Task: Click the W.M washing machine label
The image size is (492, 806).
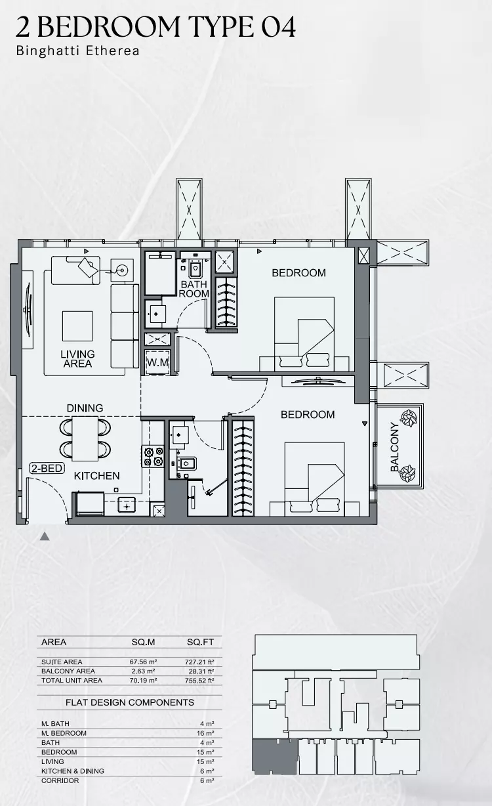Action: [157, 362]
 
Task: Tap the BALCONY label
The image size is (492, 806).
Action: [394, 447]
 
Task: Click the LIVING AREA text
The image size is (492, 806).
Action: [77, 359]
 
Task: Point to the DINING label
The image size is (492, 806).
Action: [85, 408]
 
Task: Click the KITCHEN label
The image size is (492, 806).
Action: [96, 476]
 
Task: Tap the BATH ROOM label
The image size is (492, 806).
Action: [194, 289]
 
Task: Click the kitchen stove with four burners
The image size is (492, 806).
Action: [154, 456]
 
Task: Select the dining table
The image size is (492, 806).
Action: [85, 438]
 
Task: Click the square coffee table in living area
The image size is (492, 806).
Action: [77, 326]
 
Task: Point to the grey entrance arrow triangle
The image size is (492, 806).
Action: [45, 536]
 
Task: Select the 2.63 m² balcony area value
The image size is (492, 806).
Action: [142, 671]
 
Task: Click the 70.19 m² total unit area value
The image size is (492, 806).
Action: [143, 681]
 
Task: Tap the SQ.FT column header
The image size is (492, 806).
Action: [200, 643]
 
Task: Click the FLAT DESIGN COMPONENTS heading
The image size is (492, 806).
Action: [130, 702]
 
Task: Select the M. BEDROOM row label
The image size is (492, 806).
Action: [64, 733]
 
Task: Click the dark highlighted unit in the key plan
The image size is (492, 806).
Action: [275, 756]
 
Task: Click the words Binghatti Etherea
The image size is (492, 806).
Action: [77, 51]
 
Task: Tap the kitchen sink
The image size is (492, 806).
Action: [127, 505]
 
